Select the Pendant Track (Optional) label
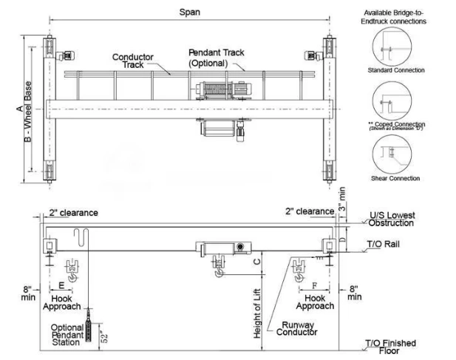[216, 58]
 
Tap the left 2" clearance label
[73, 213]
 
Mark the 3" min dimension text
[343, 199]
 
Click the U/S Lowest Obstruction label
[391, 219]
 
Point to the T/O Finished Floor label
[390, 346]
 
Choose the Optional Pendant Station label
[66, 335]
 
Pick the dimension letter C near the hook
[256, 261]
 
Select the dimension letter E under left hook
[61, 284]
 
